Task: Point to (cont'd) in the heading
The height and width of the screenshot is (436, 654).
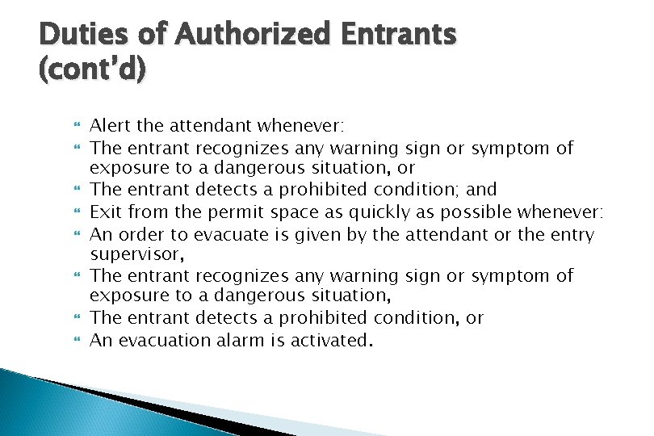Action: [x=92, y=70]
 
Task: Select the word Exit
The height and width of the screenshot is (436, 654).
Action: [x=103, y=212]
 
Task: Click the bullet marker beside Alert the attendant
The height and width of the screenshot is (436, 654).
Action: [x=78, y=127]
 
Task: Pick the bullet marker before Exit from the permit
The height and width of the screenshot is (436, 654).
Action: [x=78, y=213]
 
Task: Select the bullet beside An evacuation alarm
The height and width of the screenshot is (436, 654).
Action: [x=78, y=341]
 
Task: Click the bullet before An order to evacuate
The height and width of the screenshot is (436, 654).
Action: [x=78, y=235]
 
